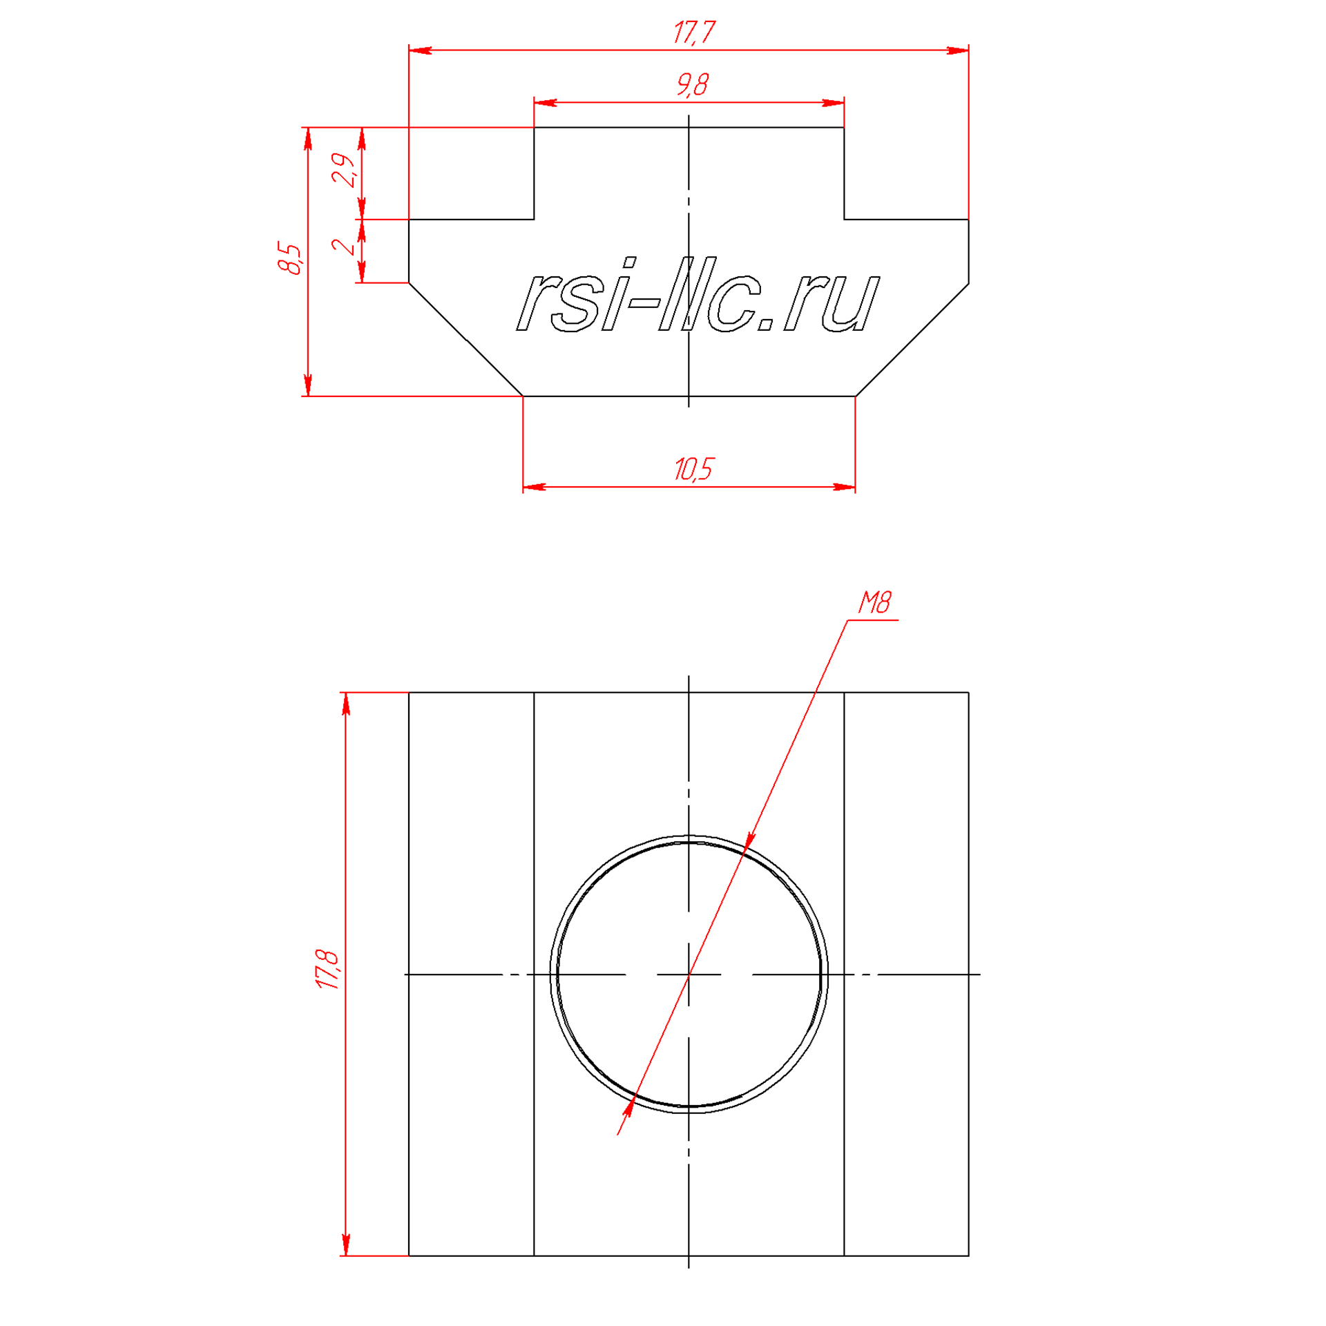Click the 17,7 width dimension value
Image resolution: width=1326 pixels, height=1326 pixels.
coord(694,32)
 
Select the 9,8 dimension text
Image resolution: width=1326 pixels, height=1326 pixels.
coord(692,85)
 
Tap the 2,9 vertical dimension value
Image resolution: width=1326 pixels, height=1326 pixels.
coord(344,170)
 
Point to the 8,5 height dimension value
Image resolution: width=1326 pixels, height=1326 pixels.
coord(290,259)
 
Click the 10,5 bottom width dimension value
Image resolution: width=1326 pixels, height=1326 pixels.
coord(693,469)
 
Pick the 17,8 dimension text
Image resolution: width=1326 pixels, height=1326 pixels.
coord(328,970)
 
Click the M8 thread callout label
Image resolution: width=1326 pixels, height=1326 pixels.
coord(874,603)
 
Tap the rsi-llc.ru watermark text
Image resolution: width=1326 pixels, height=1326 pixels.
coord(698,296)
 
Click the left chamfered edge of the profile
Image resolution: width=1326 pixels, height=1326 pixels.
coord(466,340)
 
